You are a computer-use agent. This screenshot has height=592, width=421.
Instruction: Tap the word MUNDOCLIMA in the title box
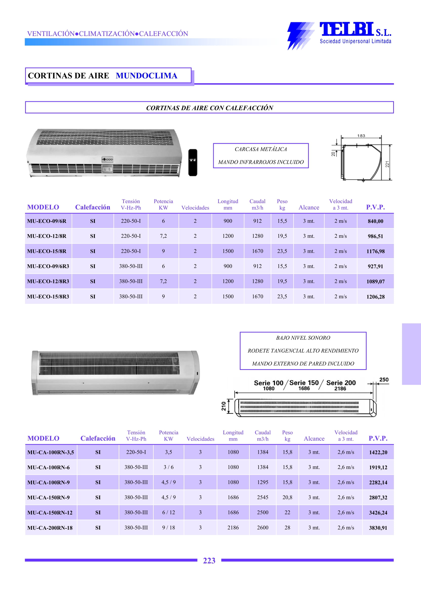[x=147, y=76]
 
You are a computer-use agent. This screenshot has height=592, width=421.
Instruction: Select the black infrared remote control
[x=193, y=163]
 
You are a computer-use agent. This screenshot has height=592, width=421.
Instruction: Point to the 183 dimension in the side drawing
[x=361, y=136]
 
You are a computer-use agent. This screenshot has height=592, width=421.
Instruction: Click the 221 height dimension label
[x=387, y=164]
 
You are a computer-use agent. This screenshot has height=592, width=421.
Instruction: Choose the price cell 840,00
[x=375, y=221]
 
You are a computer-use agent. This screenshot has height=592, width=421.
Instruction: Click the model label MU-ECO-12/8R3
[x=48, y=281]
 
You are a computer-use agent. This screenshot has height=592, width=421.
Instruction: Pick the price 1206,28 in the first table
[x=375, y=297]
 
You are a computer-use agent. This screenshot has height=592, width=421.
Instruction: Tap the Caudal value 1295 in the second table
[x=263, y=482]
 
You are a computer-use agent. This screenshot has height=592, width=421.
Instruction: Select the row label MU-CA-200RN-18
[x=50, y=528]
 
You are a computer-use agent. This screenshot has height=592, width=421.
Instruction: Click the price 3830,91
[x=378, y=528]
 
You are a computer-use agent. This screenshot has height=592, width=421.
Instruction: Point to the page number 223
[x=209, y=561]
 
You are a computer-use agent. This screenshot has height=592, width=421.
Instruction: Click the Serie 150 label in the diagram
[x=304, y=383]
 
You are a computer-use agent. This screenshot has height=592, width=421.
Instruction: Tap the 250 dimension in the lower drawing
[x=384, y=380]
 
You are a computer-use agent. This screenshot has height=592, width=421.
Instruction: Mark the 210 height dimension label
[x=224, y=406]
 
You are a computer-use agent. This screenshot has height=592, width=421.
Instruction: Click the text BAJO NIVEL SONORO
[x=303, y=338]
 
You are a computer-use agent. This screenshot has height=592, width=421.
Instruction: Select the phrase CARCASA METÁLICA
[x=260, y=149]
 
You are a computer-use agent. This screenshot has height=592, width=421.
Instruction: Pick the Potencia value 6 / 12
[x=169, y=512]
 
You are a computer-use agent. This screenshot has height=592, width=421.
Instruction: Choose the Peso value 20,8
[x=287, y=497]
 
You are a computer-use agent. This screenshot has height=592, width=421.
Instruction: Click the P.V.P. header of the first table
[x=375, y=207]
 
